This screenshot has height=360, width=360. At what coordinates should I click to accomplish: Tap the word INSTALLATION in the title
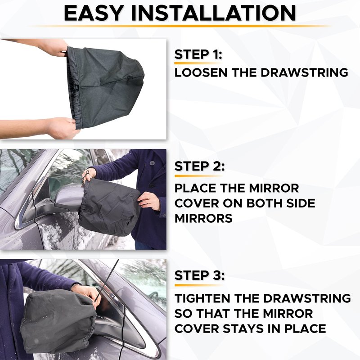[x=213, y=13]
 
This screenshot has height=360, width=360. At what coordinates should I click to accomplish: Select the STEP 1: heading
[x=198, y=54]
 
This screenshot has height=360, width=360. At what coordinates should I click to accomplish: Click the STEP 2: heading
[x=199, y=166]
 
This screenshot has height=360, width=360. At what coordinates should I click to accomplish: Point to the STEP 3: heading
[x=199, y=275]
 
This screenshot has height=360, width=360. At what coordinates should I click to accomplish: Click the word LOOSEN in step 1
[x=201, y=72]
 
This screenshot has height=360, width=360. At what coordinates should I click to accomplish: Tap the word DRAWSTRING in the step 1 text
[x=304, y=72]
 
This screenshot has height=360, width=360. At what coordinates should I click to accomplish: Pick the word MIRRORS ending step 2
[x=203, y=218]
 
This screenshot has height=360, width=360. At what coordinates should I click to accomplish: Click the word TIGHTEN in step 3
[x=202, y=298]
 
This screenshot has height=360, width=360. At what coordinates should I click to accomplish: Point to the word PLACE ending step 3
[x=305, y=328]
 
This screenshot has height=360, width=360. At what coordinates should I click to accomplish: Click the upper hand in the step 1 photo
[x=58, y=48]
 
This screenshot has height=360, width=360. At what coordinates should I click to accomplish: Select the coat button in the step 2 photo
[x=152, y=163]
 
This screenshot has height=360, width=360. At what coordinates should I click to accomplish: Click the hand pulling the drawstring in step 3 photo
[x=88, y=295]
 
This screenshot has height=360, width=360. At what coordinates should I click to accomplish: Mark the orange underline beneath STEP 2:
[x=198, y=176]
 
